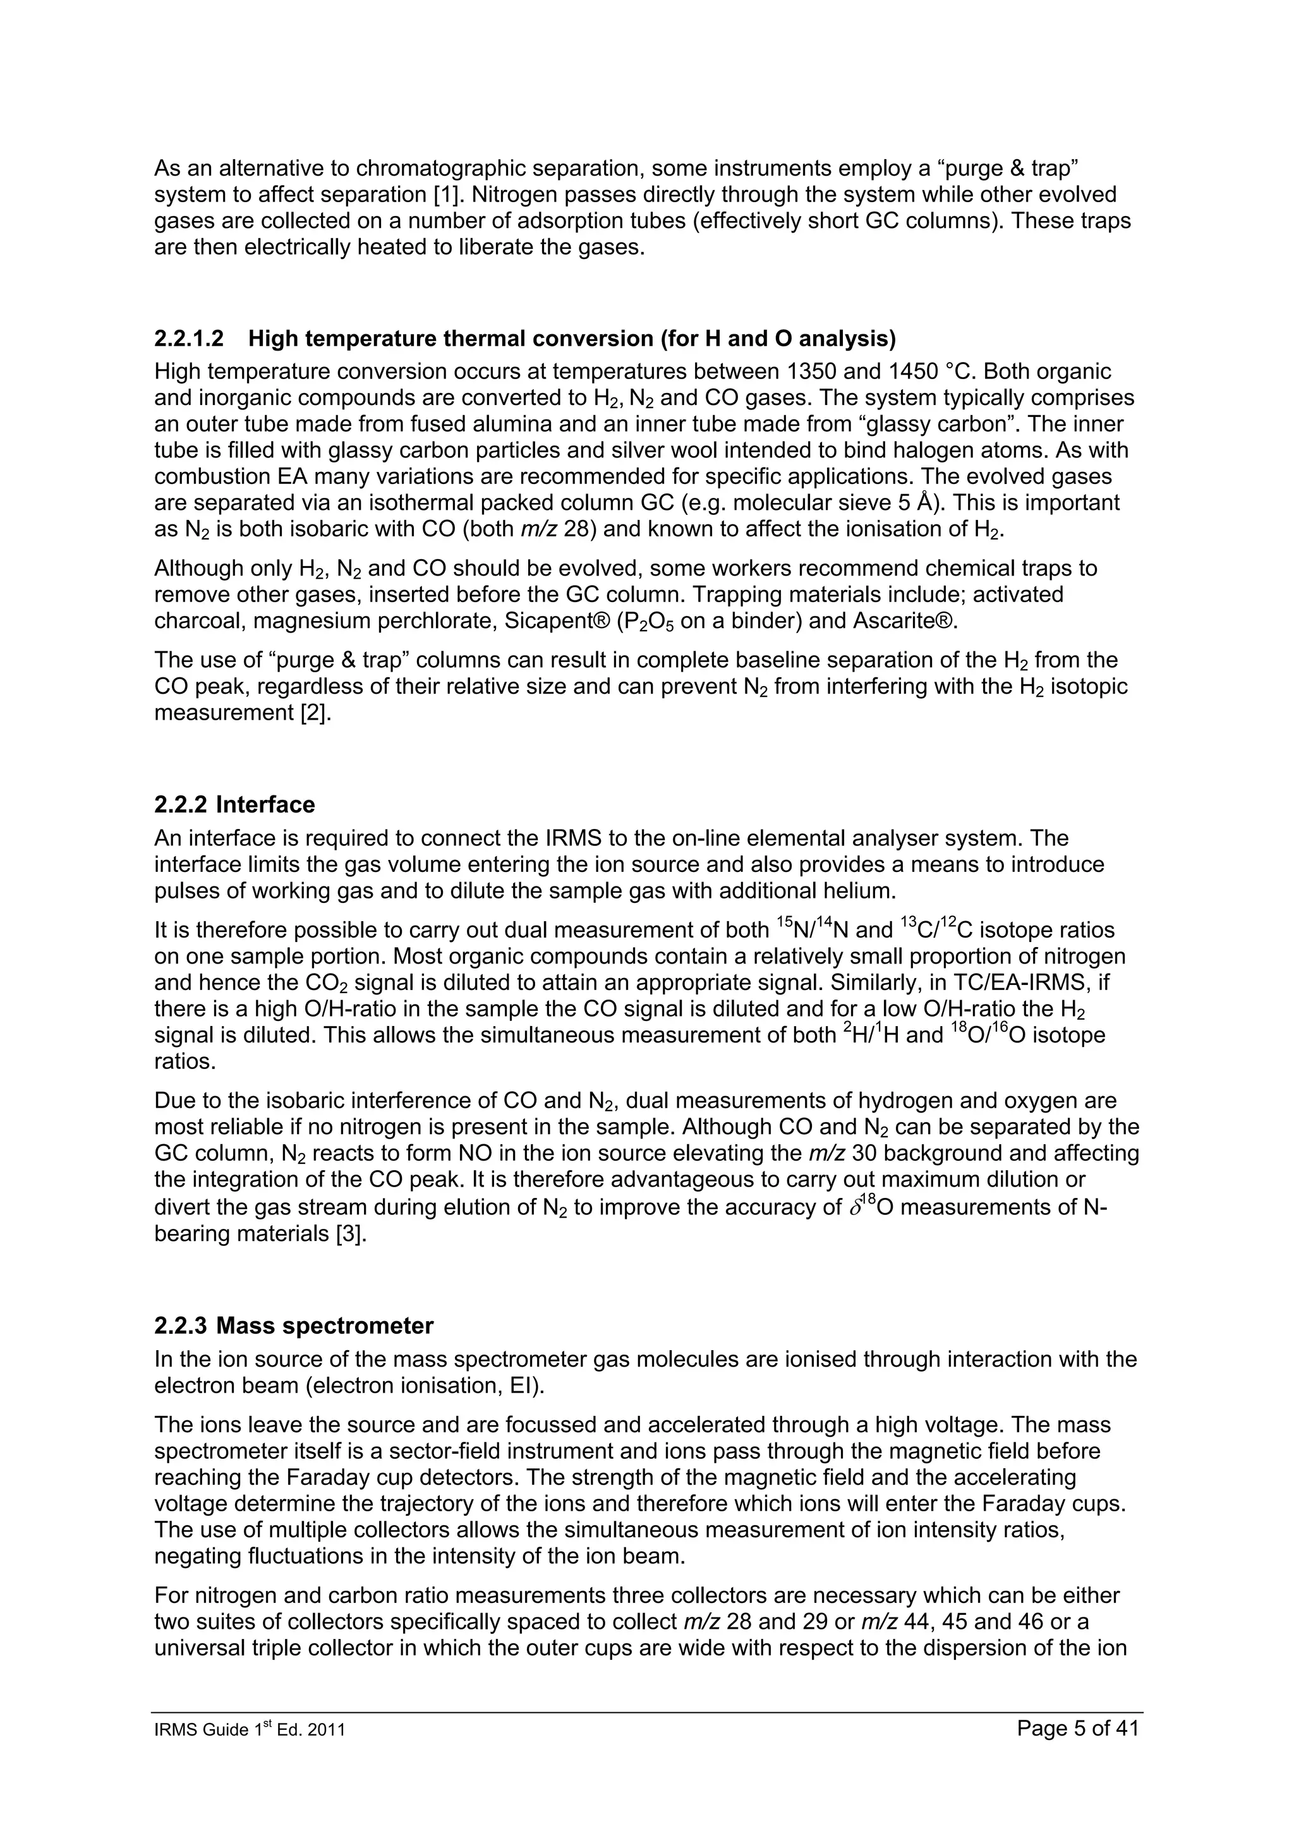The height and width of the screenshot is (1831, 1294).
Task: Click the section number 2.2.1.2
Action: pyautogui.click(x=189, y=339)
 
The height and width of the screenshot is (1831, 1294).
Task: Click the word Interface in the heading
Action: pyautogui.click(x=265, y=805)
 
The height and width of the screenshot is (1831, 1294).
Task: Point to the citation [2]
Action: pyautogui.click(x=316, y=713)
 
